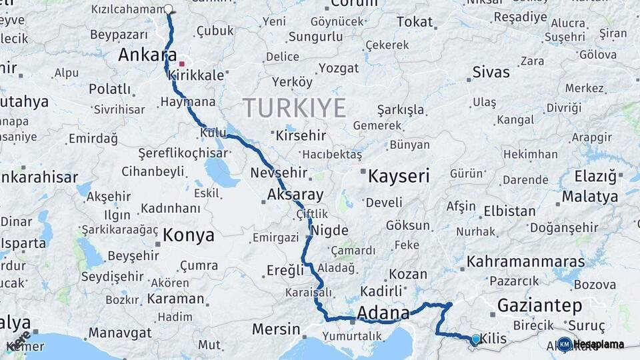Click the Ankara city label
click(x=147, y=55)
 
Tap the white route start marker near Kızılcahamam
click(x=168, y=9)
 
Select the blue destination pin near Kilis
click(x=475, y=340)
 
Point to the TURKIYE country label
click(x=294, y=107)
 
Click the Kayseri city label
click(x=399, y=176)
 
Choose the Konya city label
click(x=189, y=235)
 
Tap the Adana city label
click(x=383, y=313)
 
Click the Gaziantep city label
click(x=540, y=306)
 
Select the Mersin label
click(x=276, y=329)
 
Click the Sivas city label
click(x=491, y=72)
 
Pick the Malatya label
click(x=589, y=197)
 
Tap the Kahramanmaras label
click(x=525, y=261)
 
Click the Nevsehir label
click(x=279, y=173)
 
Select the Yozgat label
click(x=339, y=68)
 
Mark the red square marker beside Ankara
click(x=182, y=64)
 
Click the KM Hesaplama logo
click(x=591, y=344)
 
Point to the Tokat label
click(x=415, y=22)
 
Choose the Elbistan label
click(x=510, y=211)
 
